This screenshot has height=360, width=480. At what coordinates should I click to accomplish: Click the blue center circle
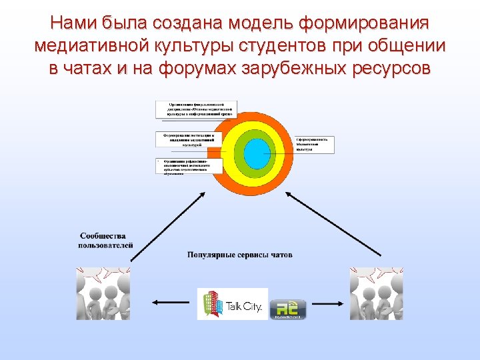point(255,153)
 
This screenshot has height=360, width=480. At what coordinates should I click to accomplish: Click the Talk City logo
point(232,304)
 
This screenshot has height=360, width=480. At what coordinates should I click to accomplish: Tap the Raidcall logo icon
point(287,308)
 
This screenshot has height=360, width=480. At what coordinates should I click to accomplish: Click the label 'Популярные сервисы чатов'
point(240,255)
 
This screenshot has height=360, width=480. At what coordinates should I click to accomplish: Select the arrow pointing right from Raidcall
point(327,302)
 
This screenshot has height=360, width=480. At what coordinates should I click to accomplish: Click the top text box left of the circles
point(196,109)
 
